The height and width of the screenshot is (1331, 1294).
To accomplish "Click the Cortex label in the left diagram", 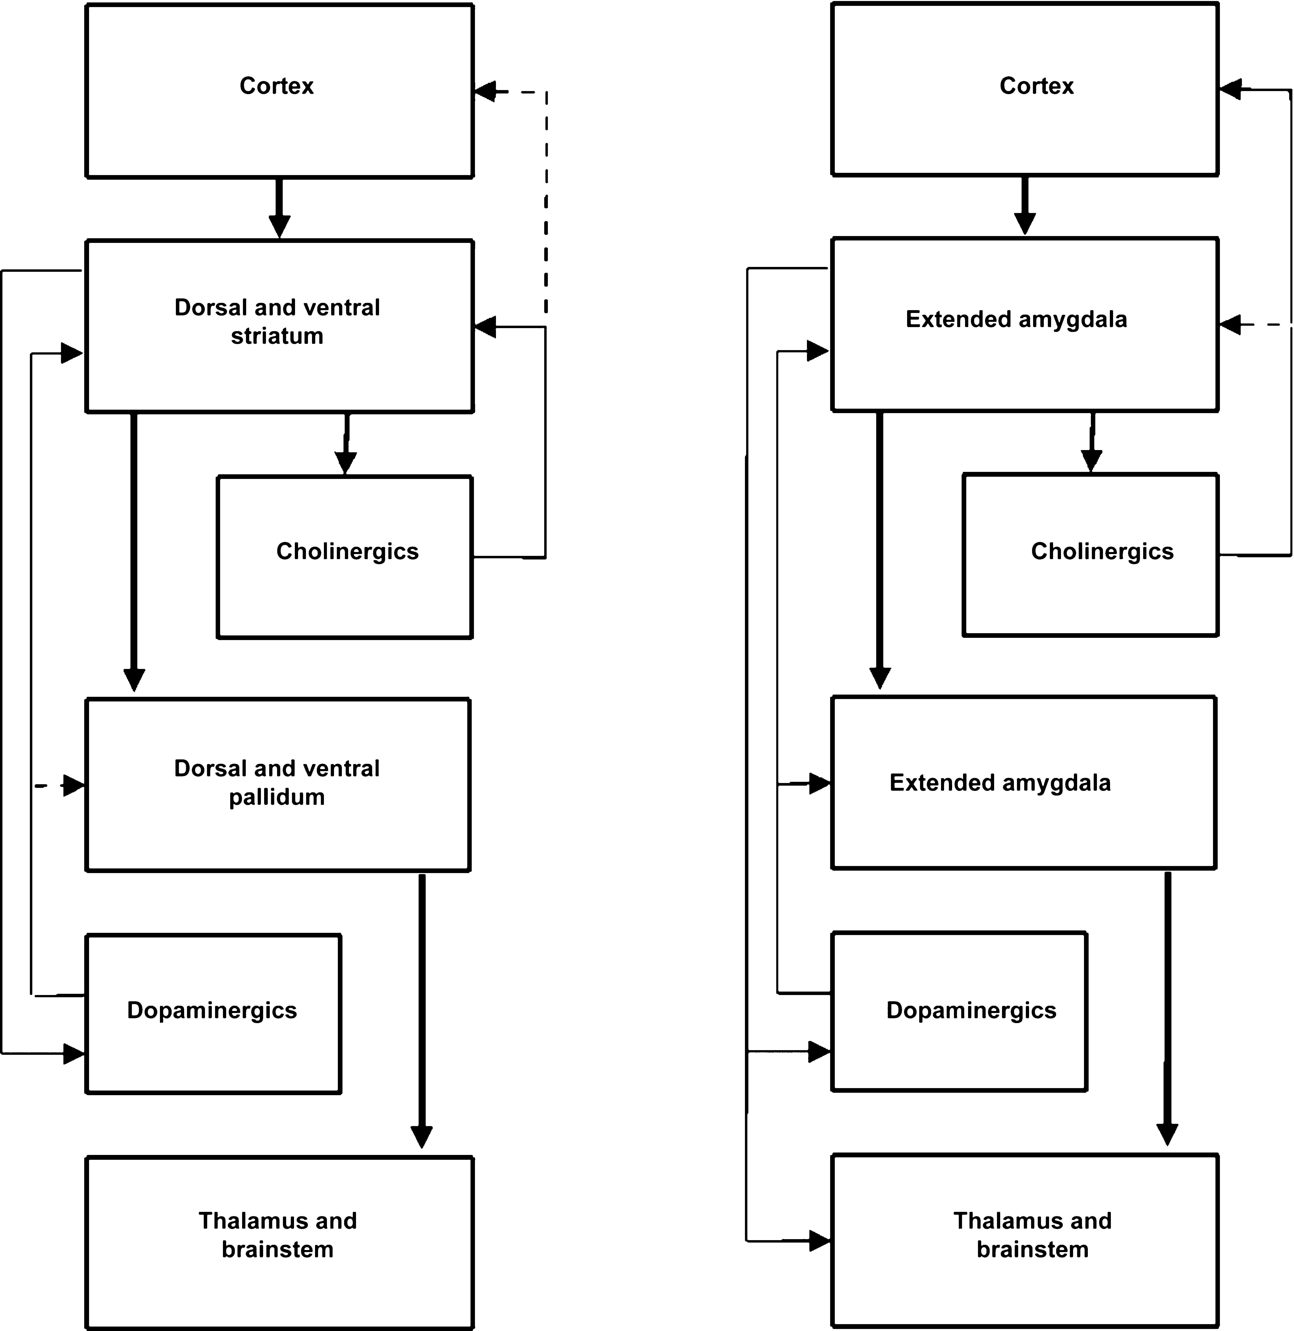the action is tap(277, 86).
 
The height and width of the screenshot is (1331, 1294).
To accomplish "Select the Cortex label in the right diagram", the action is tap(1036, 86).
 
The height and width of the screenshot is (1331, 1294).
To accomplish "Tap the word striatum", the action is tap(277, 336).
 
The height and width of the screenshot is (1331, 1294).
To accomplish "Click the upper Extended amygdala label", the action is tap(1016, 319).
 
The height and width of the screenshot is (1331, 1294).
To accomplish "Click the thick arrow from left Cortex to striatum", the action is tap(279, 208).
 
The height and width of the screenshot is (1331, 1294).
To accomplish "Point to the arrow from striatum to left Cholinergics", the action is tap(346, 443).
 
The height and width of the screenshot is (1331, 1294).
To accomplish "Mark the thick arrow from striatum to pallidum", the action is tap(134, 552).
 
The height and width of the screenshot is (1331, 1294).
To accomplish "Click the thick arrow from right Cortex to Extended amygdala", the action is tap(1025, 205).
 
